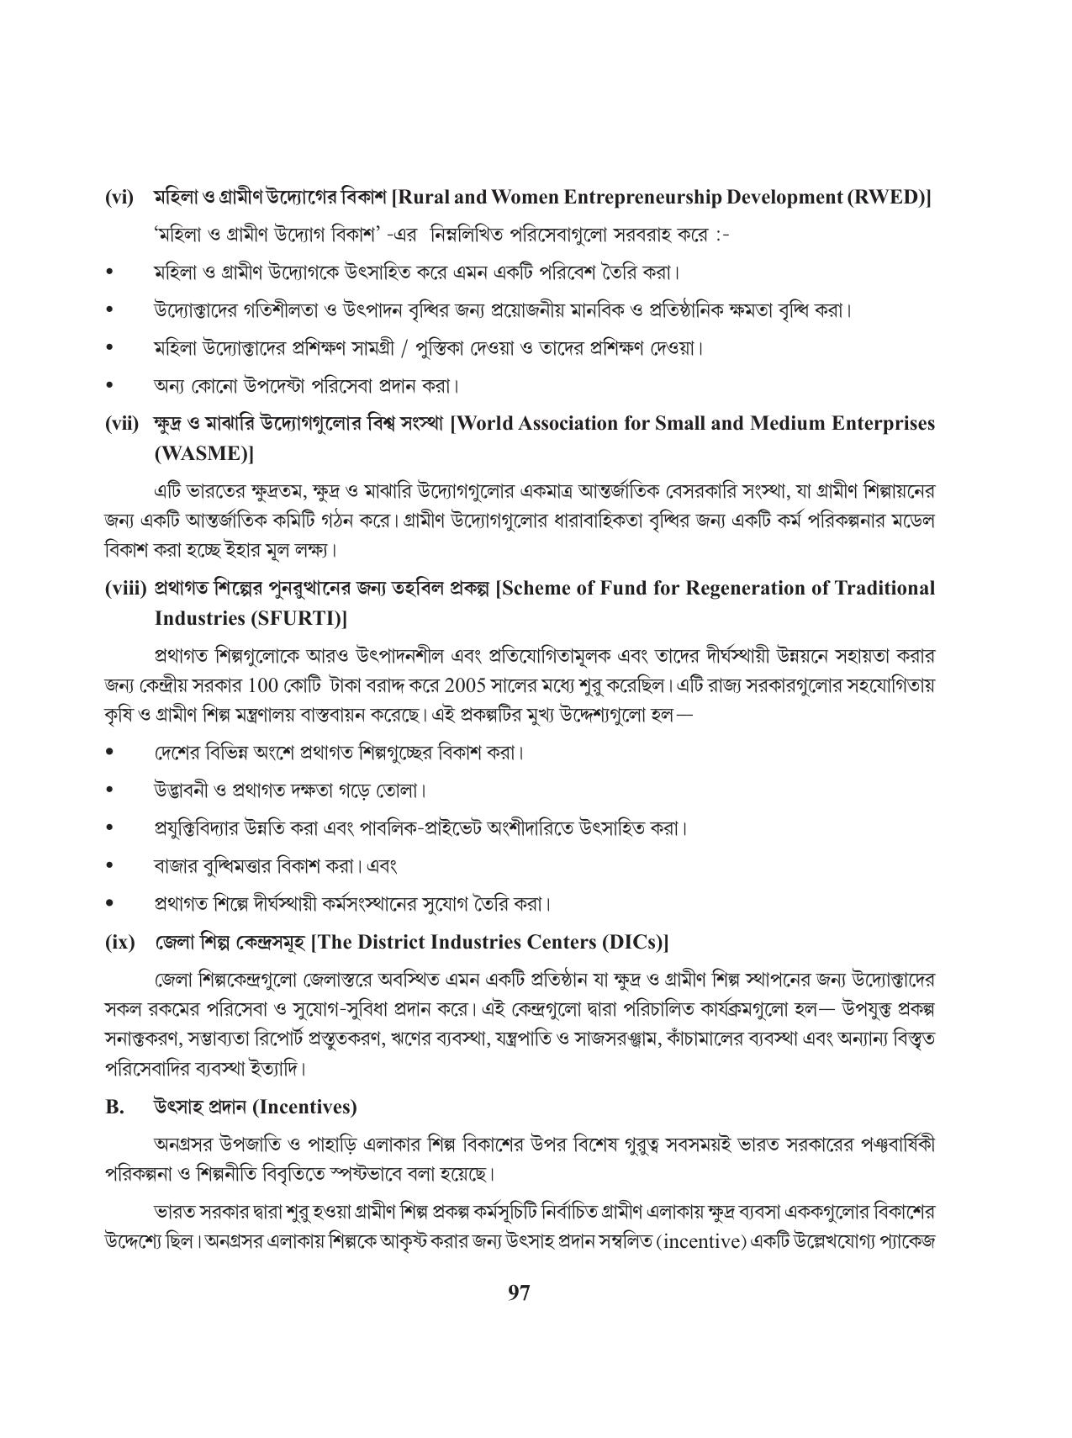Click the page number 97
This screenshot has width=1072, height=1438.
520,1293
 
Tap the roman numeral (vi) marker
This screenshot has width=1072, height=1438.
119,198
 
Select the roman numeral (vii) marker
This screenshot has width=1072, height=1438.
122,423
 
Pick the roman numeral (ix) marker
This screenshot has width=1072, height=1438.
119,942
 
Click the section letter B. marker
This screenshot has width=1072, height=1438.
114,1107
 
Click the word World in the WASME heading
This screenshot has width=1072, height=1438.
486,423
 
